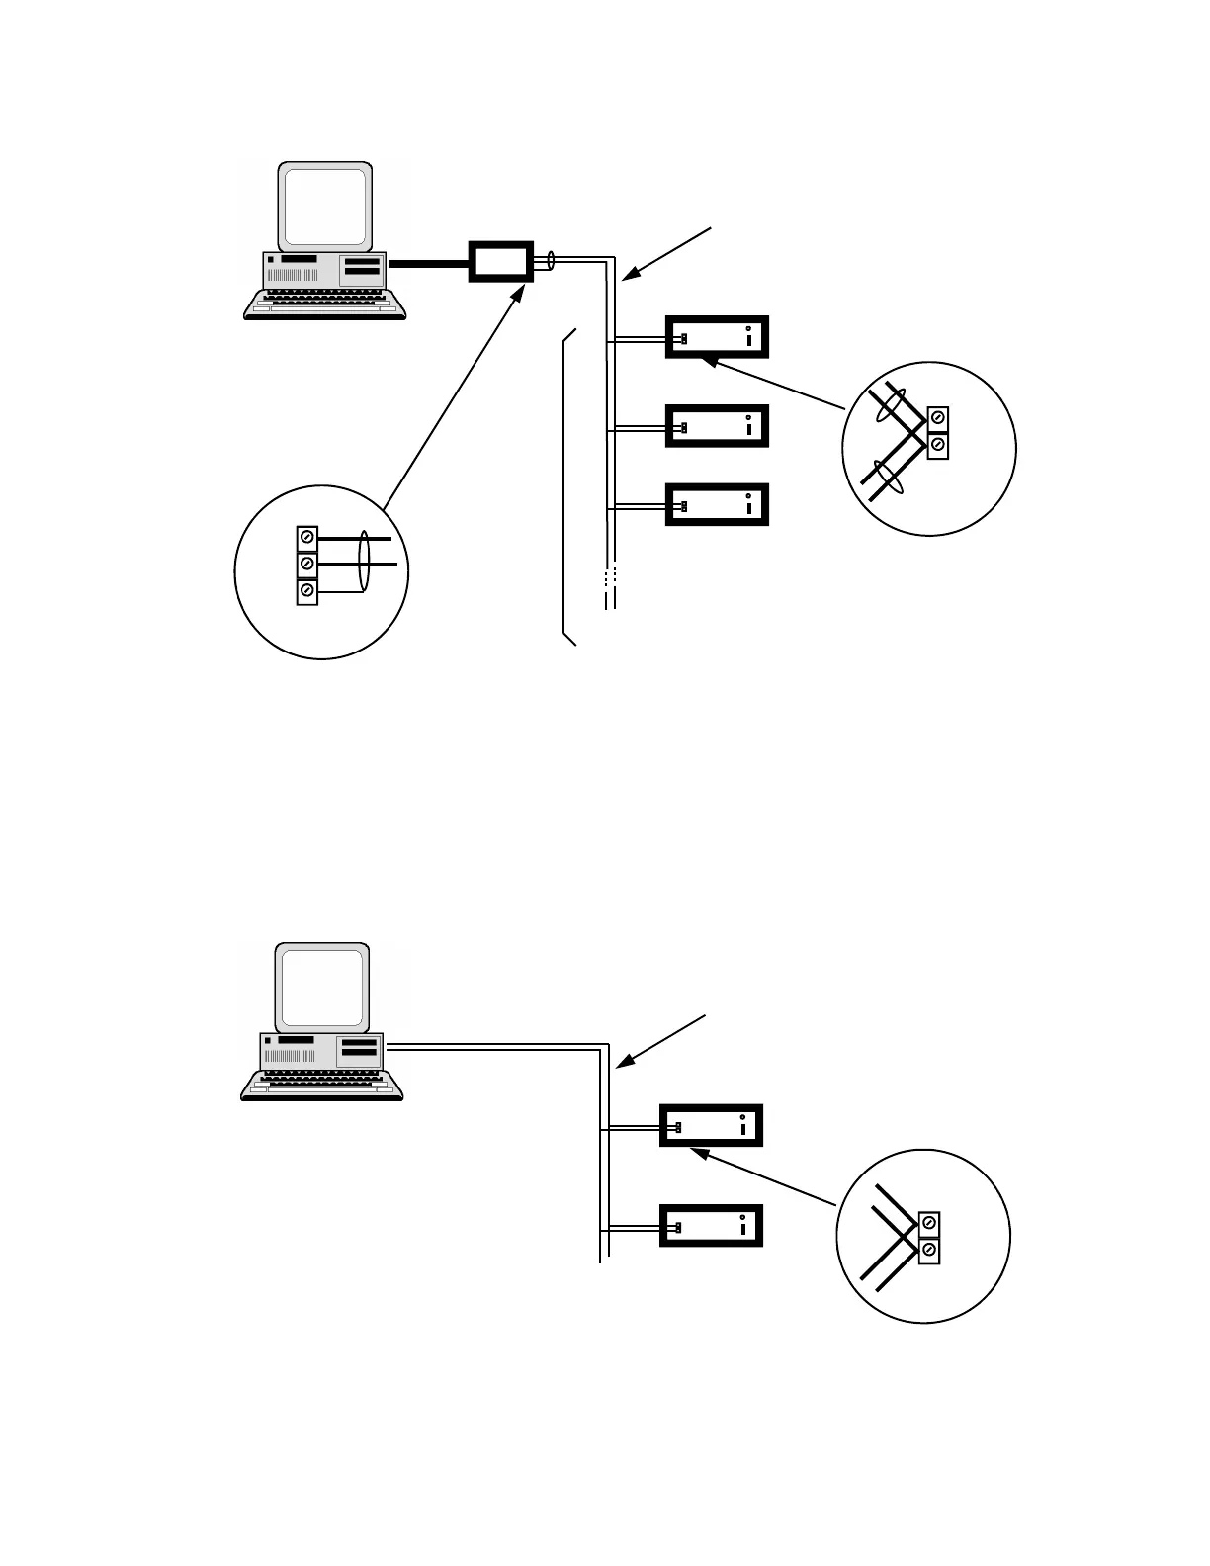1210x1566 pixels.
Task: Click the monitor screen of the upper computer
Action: coord(325,206)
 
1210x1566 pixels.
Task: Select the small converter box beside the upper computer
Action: coord(500,262)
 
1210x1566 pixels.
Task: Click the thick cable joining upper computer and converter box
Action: coord(428,264)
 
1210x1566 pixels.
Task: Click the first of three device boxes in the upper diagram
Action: coord(717,337)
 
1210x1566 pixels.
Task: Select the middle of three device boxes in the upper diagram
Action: coord(717,426)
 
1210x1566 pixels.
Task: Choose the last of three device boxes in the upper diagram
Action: coord(717,505)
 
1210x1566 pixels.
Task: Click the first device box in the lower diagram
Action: coord(711,1125)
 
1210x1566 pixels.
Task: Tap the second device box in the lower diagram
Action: coord(711,1227)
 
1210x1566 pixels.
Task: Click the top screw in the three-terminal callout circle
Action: coord(307,537)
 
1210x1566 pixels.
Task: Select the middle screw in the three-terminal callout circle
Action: coord(307,564)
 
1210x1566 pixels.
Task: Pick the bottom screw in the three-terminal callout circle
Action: coord(307,591)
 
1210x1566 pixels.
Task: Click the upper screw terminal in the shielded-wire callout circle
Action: coord(938,419)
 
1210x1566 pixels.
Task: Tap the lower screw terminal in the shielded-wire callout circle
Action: coord(938,446)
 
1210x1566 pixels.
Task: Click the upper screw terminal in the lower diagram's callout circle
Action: coord(929,1224)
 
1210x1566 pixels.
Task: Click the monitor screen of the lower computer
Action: coord(322,986)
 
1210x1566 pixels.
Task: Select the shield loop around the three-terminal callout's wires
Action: coord(363,564)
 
